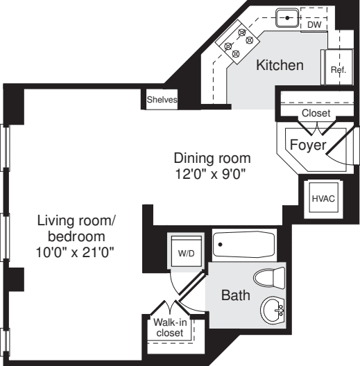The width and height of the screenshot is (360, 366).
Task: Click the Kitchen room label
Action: (280, 67)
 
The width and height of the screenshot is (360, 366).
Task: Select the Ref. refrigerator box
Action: (338, 70)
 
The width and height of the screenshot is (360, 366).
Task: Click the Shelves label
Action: (162, 101)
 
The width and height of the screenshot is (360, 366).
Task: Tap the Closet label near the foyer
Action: (316, 113)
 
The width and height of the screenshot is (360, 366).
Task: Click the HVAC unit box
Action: (322, 198)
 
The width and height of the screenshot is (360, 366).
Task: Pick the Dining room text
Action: (212, 157)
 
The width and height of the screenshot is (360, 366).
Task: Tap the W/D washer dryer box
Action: (186, 254)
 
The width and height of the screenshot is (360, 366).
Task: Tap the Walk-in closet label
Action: (169, 327)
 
